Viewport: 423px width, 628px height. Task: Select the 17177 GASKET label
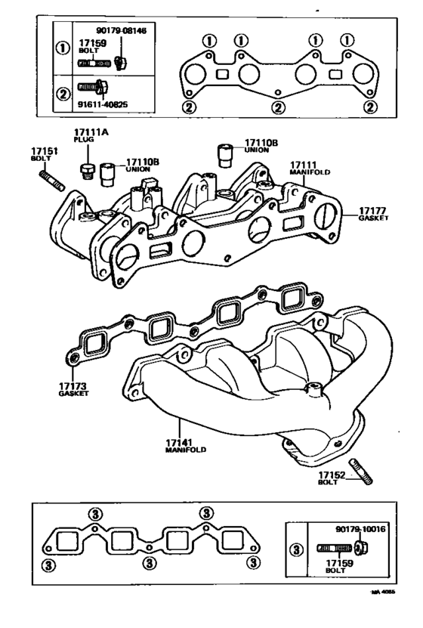373,212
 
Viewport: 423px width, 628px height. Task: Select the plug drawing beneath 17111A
88,170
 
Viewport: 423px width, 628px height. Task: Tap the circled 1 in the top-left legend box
62,48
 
